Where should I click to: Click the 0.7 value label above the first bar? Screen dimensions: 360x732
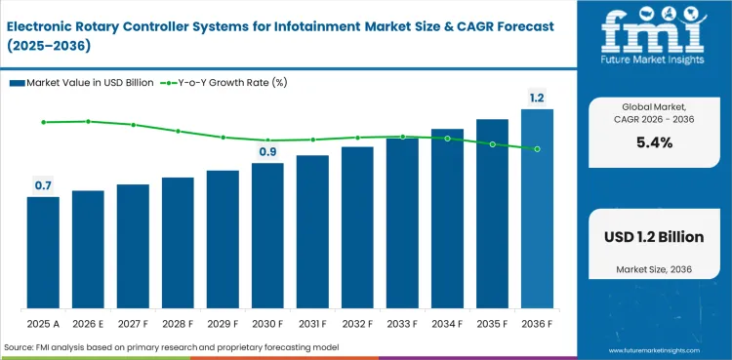point(43,185)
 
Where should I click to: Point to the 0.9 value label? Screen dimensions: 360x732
point(267,151)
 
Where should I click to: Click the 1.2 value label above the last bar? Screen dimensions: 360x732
point(537,99)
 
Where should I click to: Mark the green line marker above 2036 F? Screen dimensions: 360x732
point(537,148)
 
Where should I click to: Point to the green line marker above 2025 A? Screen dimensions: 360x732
point(43,122)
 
